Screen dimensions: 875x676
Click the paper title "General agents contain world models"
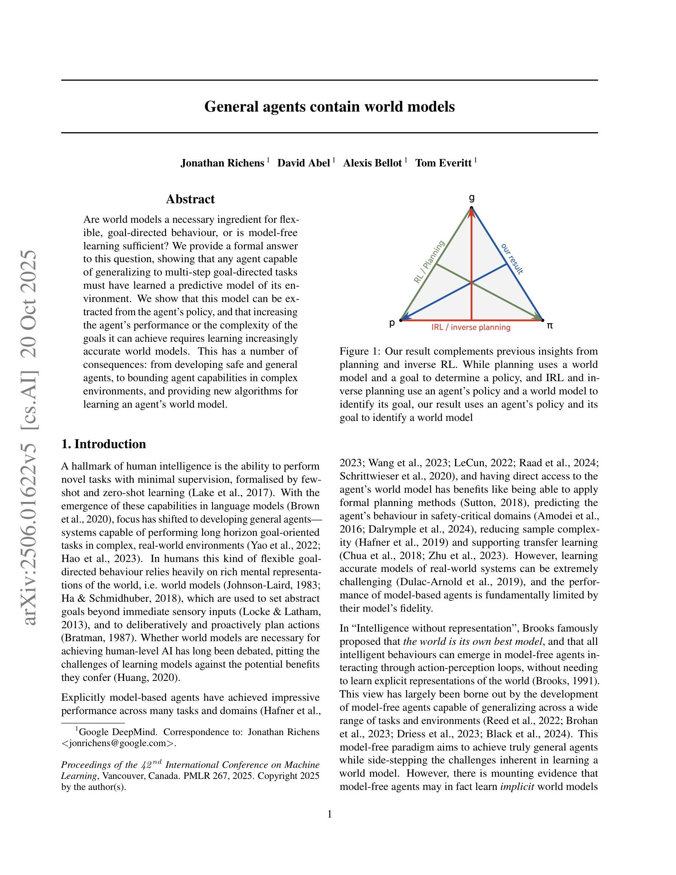pyautogui.click(x=329, y=107)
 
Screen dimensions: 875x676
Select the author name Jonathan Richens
pyautogui.click(x=222, y=163)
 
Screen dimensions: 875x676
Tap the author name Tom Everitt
pyautogui.click(x=443, y=163)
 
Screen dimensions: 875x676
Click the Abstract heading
pyautogui.click(x=190, y=199)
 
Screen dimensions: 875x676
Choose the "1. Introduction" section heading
pyautogui.click(x=103, y=444)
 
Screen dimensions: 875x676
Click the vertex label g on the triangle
pyautogui.click(x=472, y=197)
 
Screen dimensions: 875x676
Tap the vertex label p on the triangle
pyautogui.click(x=392, y=323)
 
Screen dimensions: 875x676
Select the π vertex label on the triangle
pyautogui.click(x=550, y=325)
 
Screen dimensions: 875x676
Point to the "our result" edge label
pyautogui.click(x=512, y=259)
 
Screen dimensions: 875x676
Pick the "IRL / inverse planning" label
pyautogui.click(x=471, y=327)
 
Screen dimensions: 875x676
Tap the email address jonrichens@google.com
pyautogui.click(x=119, y=743)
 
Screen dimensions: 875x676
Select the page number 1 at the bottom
pyautogui.click(x=330, y=814)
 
